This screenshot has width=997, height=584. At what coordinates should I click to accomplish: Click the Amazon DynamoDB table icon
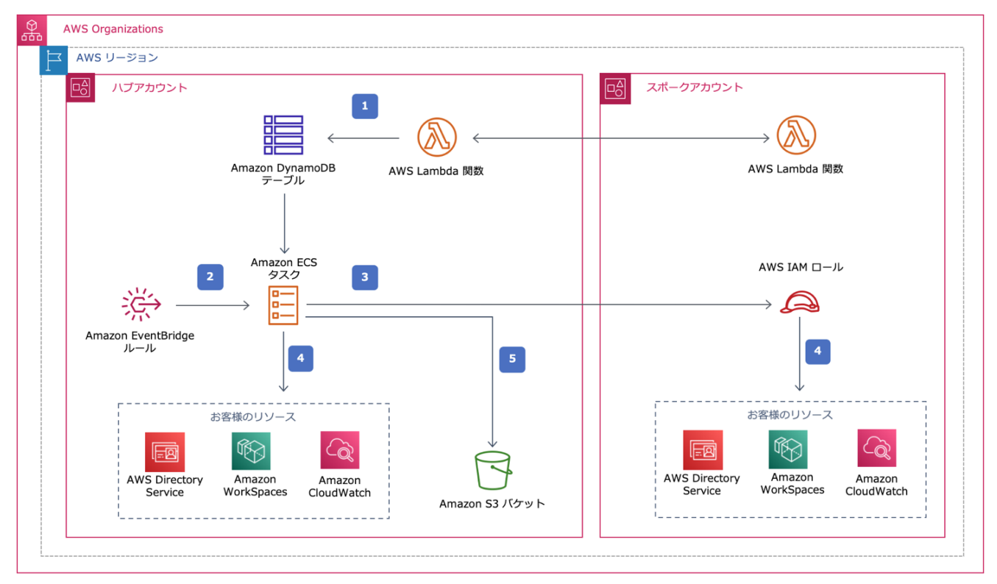coord(283,135)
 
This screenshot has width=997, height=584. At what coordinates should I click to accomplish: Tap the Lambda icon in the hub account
coord(436,137)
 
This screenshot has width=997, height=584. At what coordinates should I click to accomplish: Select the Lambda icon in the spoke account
coord(796,135)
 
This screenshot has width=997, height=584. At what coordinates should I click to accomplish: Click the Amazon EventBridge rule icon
coord(141,305)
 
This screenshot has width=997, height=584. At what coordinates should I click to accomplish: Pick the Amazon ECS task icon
coord(283,305)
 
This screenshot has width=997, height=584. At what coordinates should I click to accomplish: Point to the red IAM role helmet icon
coord(800,302)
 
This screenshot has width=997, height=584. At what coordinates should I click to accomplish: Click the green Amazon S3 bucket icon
coord(493,471)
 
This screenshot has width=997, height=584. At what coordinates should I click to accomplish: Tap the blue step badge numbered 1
coord(365,107)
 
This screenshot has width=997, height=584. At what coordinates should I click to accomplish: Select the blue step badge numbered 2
coord(210,277)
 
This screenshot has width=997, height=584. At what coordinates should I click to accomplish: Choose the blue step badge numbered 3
coord(365,277)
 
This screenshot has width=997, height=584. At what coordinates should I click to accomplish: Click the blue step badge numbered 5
coord(512,360)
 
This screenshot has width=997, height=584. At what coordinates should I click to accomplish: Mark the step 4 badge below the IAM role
coord(817,352)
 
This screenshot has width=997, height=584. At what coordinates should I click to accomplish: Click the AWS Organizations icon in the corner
coord(32,30)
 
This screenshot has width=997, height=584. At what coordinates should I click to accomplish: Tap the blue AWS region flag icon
coord(54,60)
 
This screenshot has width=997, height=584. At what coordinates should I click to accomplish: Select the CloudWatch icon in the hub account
coord(340,450)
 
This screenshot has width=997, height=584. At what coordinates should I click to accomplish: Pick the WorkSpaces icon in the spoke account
coord(788,449)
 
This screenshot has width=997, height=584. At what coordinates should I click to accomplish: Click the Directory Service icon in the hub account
coord(165,452)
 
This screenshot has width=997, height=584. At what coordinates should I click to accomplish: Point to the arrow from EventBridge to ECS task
coord(213,305)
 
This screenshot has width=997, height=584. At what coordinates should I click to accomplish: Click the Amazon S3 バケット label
coord(492,504)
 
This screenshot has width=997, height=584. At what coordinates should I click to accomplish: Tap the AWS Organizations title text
coord(113,29)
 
